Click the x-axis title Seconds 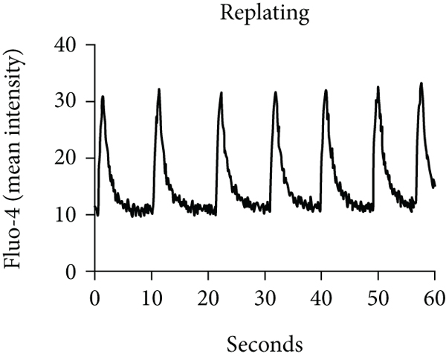click(265, 345)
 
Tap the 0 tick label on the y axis click(77, 271)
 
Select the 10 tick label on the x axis click(151, 295)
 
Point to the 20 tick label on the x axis click(207, 295)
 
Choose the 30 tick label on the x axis click(264, 295)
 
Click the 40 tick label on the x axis click(320, 295)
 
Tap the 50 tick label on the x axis click(377, 295)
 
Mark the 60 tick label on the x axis click(433, 295)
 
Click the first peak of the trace click(103, 96)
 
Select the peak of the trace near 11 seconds click(159, 89)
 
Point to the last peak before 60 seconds click(421, 83)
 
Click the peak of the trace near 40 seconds click(326, 90)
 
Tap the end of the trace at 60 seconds click(434, 185)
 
